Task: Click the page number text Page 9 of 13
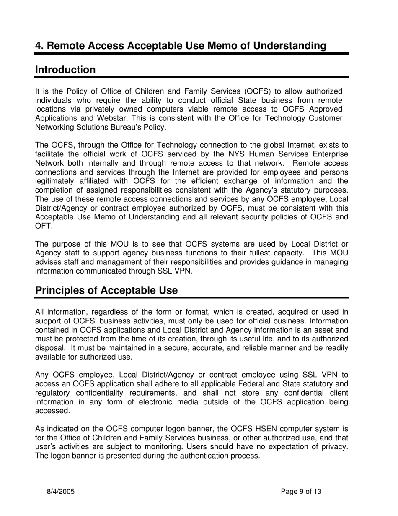[x=301, y=491]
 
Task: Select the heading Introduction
[x=65, y=70]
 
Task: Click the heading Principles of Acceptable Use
[x=106, y=290]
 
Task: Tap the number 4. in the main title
[x=40, y=46]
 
